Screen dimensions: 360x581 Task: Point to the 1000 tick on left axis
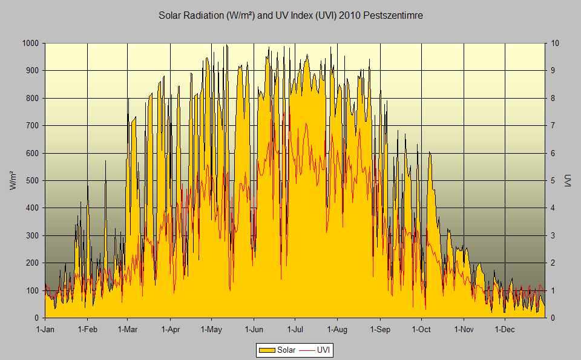pyautogui.click(x=30, y=44)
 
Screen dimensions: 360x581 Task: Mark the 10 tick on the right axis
pyautogui.click(x=554, y=44)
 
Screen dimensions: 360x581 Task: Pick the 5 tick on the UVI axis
pyautogui.click(x=552, y=180)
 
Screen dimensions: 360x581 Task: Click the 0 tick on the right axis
pyautogui.click(x=552, y=318)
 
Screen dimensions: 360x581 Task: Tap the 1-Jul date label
pyautogui.click(x=295, y=329)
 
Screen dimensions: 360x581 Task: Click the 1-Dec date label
pyautogui.click(x=505, y=329)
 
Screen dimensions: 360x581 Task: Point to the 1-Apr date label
pyautogui.click(x=170, y=329)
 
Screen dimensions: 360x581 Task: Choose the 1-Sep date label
pyautogui.click(x=380, y=329)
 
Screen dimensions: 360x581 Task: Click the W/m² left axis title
pyautogui.click(x=13, y=181)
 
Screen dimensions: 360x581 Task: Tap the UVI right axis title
pyautogui.click(x=568, y=181)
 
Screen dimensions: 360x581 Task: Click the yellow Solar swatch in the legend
pyautogui.click(x=266, y=350)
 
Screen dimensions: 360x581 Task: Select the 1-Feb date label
pyautogui.click(x=87, y=329)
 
